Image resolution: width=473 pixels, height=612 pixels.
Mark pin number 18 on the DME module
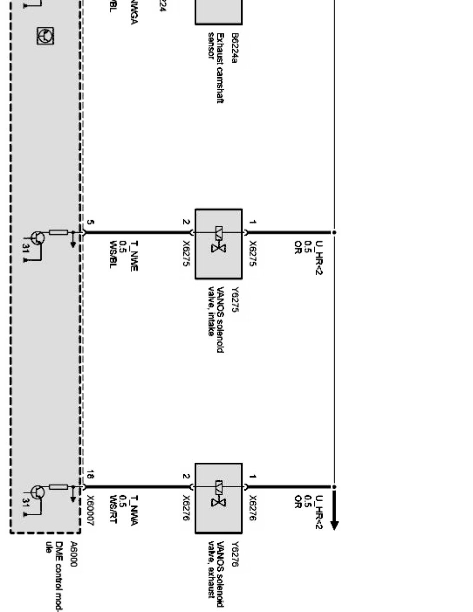click(x=91, y=475)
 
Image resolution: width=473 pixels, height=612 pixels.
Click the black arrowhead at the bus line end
click(x=335, y=525)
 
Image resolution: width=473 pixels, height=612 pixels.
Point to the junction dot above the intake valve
click(x=335, y=232)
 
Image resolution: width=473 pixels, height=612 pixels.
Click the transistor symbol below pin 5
click(x=37, y=238)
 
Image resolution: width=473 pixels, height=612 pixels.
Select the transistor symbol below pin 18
click(x=37, y=492)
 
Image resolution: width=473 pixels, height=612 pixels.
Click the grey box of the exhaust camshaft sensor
click(x=218, y=12)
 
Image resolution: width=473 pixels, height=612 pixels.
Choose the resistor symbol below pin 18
click(x=59, y=487)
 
